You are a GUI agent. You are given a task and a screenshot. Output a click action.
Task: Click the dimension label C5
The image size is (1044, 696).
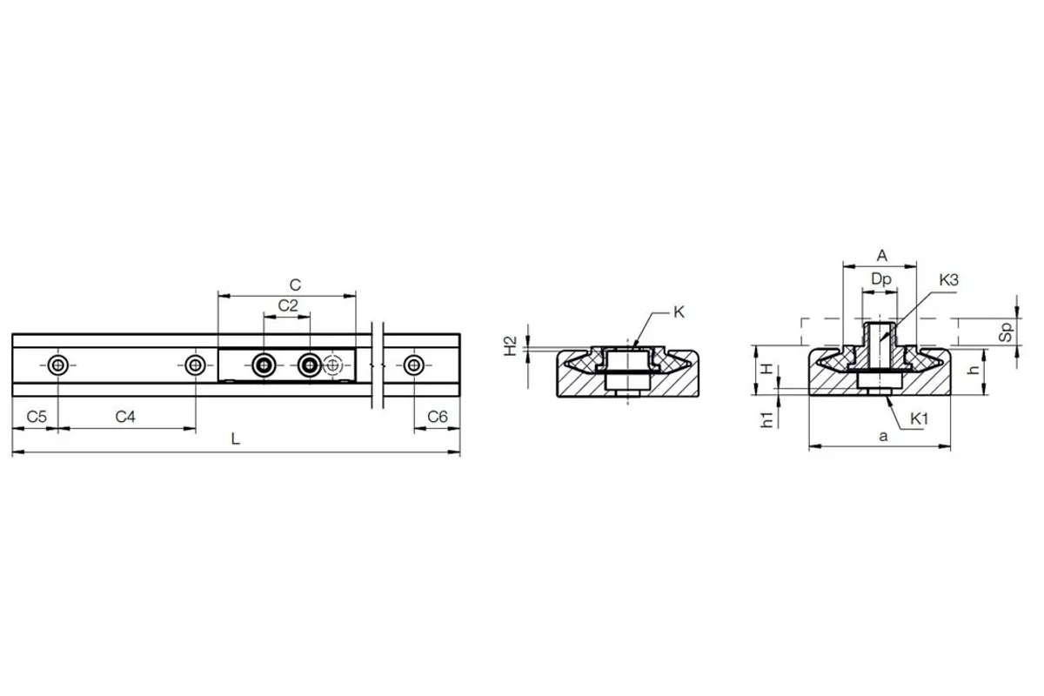[x=37, y=416]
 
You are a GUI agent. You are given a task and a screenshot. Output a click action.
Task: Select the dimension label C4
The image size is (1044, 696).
[x=125, y=416]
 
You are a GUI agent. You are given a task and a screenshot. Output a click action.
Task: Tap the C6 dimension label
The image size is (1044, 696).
[x=438, y=416]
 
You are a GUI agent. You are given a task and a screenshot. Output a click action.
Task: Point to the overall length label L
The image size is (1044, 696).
[x=236, y=438]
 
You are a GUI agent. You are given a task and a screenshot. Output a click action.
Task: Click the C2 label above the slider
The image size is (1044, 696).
[x=288, y=306]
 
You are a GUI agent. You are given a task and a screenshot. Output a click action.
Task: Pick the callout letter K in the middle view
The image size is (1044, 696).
[x=679, y=312]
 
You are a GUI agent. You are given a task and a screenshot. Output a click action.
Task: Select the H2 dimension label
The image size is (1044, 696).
[x=512, y=346]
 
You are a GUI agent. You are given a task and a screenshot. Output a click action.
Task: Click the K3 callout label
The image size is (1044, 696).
[x=948, y=280]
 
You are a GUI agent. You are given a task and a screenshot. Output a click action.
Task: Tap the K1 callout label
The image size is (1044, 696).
[x=920, y=419]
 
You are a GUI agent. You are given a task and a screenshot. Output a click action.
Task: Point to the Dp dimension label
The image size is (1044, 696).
[x=881, y=279]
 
